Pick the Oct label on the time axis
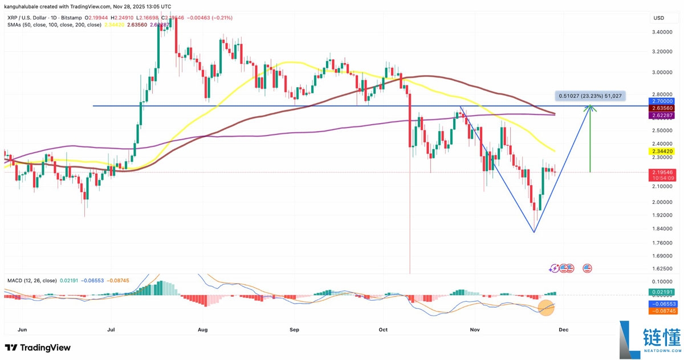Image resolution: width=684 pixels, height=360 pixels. click(383, 329)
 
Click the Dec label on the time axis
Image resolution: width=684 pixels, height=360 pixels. click(563, 329)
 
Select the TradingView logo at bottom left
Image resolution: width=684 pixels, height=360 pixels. click(38, 347)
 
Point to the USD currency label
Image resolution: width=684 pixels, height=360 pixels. click(658, 18)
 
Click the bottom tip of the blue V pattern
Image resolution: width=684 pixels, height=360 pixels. click(534, 232)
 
